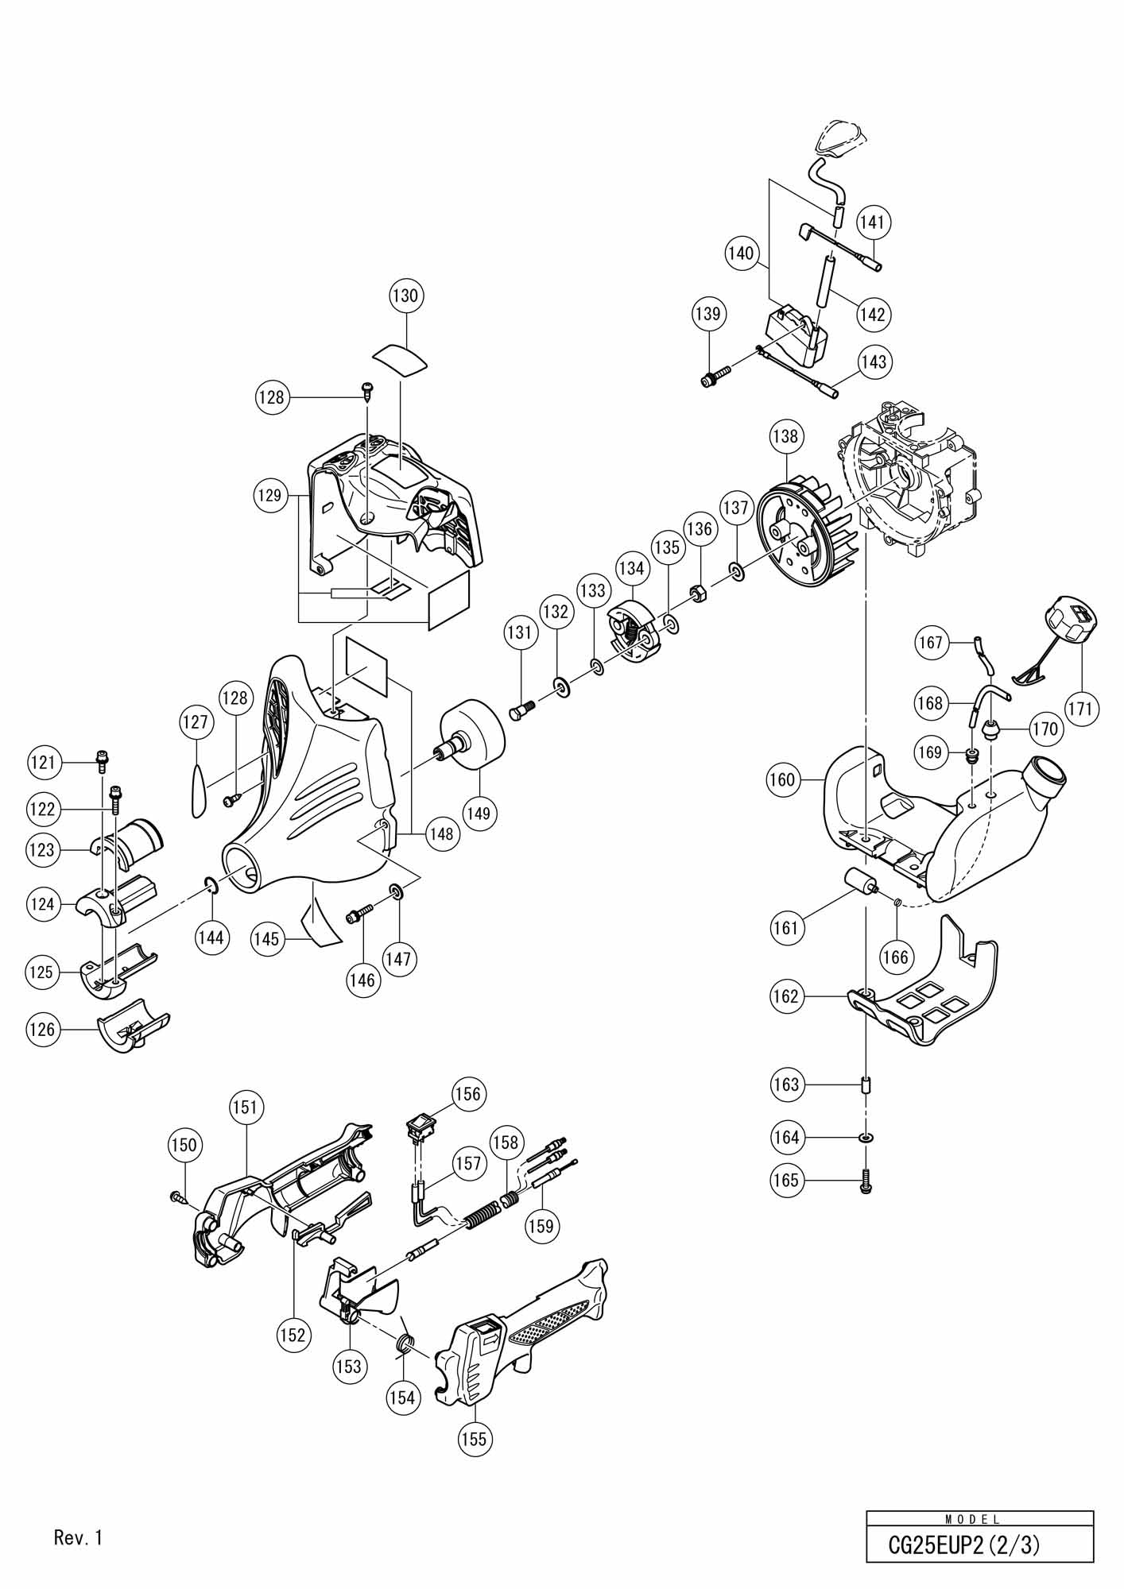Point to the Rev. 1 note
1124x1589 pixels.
coord(79,1537)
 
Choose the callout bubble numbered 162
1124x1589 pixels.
coord(785,996)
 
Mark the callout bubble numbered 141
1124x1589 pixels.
coord(873,222)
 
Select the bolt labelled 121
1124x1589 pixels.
coord(102,760)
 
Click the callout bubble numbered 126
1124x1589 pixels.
coord(42,1030)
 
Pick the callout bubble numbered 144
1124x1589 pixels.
coord(211,938)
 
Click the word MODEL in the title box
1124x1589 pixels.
coord(974,1520)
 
